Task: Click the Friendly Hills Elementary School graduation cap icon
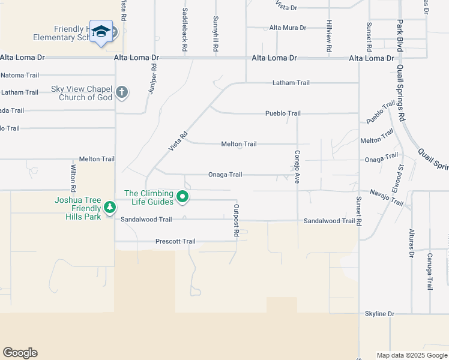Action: pos(101,32)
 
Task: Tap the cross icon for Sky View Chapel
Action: pos(122,92)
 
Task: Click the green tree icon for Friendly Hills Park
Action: pos(109,207)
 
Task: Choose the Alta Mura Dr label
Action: pos(288,28)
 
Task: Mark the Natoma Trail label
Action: pos(20,75)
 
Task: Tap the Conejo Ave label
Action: pos(297,166)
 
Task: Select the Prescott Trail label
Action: pos(175,241)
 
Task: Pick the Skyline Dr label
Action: pos(379,314)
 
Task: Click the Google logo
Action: pos(20,353)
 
